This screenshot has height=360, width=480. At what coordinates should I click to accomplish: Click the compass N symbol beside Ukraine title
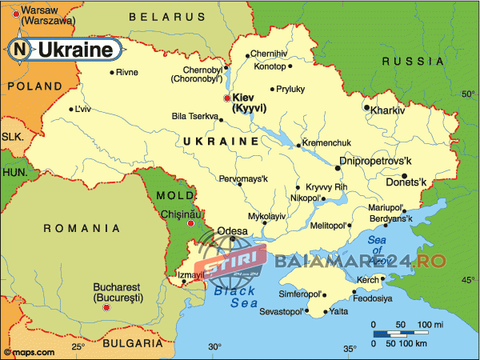tap(20, 50)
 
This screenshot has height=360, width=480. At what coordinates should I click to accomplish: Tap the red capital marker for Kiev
tap(227, 98)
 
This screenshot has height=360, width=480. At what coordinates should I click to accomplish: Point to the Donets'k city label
tap(430, 182)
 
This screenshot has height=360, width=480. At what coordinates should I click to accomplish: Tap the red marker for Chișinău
tap(190, 225)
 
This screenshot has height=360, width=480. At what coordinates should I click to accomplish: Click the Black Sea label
tap(234, 297)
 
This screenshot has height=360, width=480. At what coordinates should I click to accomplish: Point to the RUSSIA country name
tap(412, 61)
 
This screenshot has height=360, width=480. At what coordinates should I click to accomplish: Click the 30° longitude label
tap(214, 347)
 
